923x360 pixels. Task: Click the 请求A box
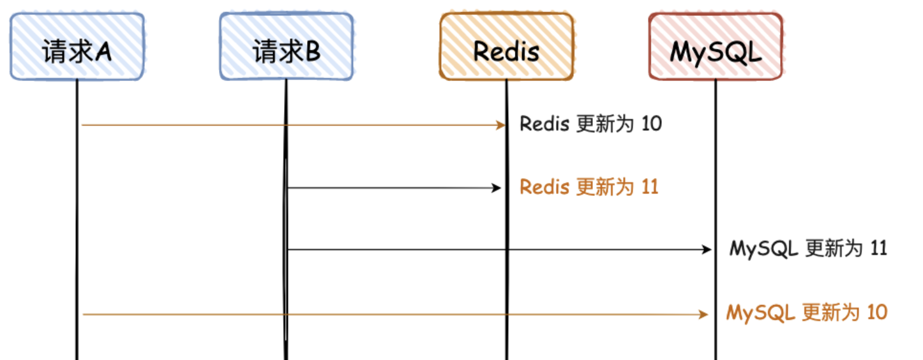77,47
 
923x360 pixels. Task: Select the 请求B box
287,47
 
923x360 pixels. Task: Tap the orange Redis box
506,47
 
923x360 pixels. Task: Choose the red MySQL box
716,47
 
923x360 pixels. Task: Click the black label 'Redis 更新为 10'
590,124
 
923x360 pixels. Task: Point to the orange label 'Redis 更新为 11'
589,187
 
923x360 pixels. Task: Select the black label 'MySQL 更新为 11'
808,248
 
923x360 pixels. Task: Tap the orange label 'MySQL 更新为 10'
807,313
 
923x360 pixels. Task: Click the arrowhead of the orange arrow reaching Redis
501,125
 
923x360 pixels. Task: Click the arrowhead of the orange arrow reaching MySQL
704,314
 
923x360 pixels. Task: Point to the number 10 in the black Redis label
651,124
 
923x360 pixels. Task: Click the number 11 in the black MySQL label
878,248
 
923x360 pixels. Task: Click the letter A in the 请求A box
103,52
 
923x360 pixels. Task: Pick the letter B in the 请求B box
312,52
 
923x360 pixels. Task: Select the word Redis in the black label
544,124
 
